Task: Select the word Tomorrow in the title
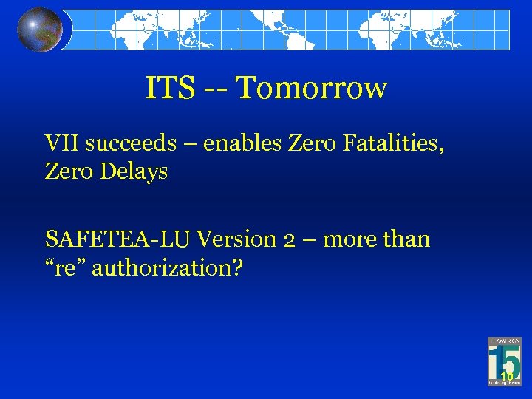coord(311,89)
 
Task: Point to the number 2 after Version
coord(290,240)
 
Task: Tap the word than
coord(406,239)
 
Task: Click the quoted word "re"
coord(63,267)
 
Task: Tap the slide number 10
coord(506,378)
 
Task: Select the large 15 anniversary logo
coord(505,361)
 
